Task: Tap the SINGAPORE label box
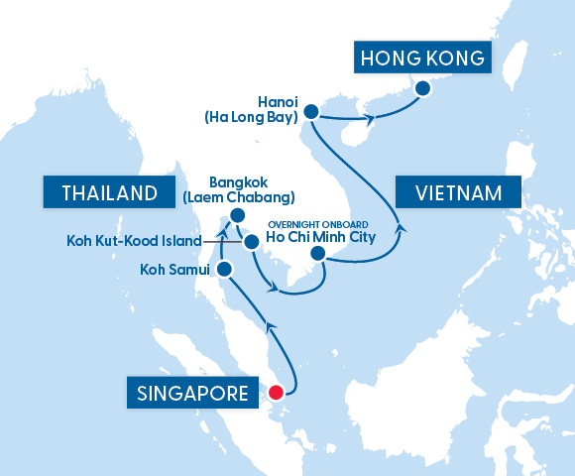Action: click(187, 394)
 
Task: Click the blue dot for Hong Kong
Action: click(423, 89)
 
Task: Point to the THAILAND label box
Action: click(101, 191)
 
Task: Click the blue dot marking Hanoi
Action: click(310, 111)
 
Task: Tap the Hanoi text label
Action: click(277, 101)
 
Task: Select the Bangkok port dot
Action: click(237, 215)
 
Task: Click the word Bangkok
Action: click(240, 182)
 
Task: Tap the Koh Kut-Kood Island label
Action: click(133, 241)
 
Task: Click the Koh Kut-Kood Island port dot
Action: click(252, 240)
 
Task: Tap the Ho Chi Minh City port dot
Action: click(318, 255)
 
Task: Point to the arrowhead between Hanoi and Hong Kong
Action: click(371, 121)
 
